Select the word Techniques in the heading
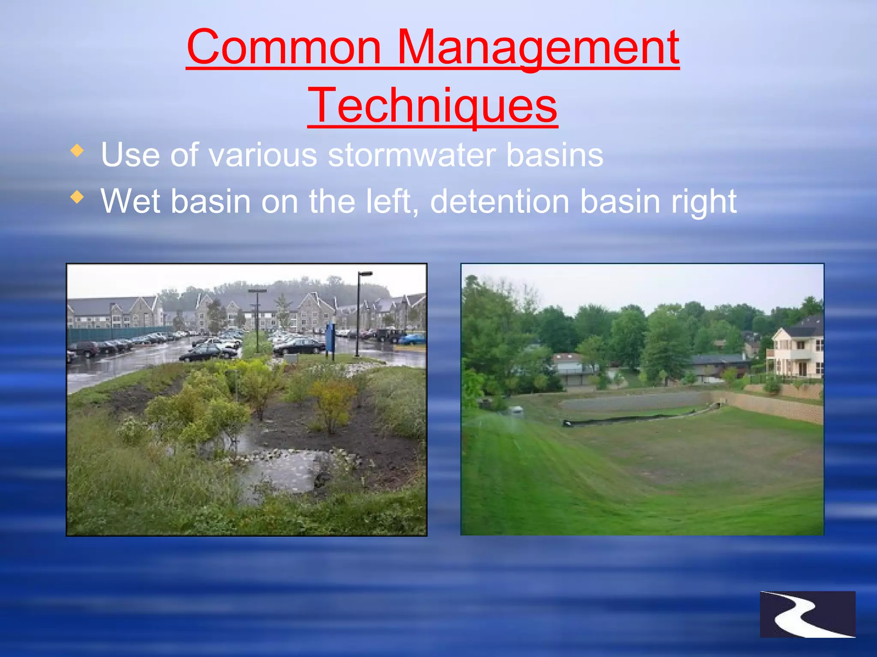(x=433, y=106)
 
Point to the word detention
(x=499, y=201)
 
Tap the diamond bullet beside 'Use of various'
(x=77, y=151)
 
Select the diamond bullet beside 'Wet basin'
(x=77, y=197)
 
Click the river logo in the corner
(x=807, y=614)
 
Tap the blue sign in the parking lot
(x=330, y=338)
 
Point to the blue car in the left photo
(x=413, y=340)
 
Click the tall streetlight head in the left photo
(x=365, y=274)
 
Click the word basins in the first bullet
(x=555, y=155)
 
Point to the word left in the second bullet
(x=391, y=201)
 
